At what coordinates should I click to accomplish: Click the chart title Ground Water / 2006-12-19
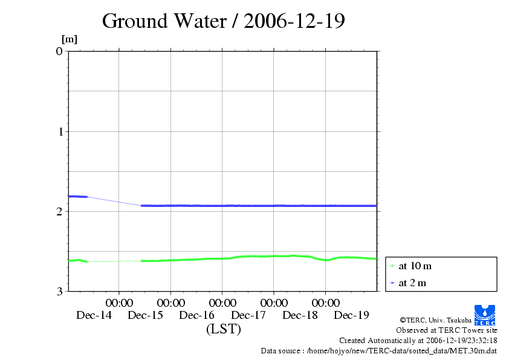(224, 21)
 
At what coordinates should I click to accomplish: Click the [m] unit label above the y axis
(70, 40)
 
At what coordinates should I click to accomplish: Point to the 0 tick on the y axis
(59, 51)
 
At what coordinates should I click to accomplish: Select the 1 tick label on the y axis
(59, 131)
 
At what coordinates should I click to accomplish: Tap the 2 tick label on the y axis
(59, 211)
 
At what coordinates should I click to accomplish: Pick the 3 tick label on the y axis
(59, 291)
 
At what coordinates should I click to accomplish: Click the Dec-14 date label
(94, 315)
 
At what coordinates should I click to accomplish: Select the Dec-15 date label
(146, 315)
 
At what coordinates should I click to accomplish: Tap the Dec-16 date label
(197, 315)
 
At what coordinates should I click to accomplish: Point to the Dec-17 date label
(248, 315)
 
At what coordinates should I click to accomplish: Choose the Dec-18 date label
(300, 315)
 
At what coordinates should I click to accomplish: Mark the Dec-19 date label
(352, 315)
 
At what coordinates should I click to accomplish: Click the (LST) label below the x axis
(224, 330)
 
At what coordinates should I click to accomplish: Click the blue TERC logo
(485, 315)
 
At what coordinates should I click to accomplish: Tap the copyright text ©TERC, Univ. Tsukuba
(435, 320)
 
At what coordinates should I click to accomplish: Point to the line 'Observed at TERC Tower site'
(447, 330)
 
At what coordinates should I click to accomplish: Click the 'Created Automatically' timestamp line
(418, 341)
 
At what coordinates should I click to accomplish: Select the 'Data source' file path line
(379, 351)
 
